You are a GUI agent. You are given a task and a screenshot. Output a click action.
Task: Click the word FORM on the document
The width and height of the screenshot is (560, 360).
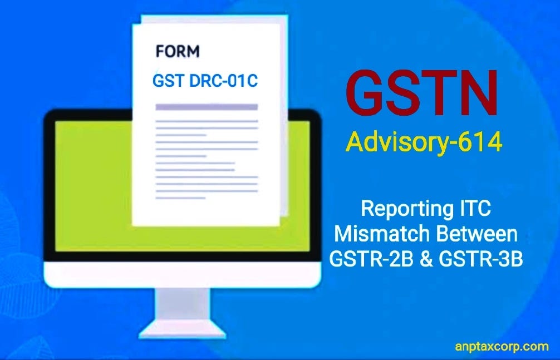click(178, 52)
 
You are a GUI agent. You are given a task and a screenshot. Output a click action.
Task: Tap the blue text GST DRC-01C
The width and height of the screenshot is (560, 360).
click(205, 81)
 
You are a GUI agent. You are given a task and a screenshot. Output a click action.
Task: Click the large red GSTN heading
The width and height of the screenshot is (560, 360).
click(422, 91)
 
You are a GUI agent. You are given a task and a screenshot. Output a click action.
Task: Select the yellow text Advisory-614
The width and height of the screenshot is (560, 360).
click(424, 142)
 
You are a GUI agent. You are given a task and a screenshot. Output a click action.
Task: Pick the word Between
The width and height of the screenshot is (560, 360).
click(477, 234)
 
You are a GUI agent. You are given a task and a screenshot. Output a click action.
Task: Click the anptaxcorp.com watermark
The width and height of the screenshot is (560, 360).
click(502, 347)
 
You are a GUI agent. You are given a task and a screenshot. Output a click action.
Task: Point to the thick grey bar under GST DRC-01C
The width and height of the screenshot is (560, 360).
click(206, 107)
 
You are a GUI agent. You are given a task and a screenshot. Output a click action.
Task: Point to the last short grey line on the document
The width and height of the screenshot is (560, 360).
click(181, 198)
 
